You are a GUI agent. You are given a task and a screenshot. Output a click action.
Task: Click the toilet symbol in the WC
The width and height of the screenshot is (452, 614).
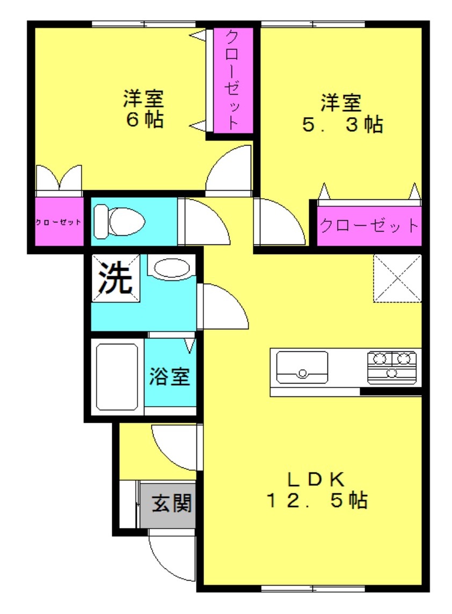(x=119, y=222)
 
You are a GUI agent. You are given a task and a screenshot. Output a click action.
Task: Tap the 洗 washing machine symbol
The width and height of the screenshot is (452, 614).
(x=115, y=278)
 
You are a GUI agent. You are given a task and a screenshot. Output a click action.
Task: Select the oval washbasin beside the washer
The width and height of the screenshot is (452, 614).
(x=172, y=269)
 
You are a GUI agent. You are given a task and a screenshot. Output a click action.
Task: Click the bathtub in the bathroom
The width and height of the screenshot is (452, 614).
(x=117, y=377)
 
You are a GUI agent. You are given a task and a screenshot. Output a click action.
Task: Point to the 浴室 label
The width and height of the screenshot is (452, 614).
(x=169, y=376)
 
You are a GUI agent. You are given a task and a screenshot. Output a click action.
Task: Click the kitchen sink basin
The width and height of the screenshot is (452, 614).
(x=302, y=367)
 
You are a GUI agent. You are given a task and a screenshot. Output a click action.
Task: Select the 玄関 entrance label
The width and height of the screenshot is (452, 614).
(x=172, y=503)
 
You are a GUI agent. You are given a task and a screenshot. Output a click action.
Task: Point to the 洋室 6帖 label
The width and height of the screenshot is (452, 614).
(x=144, y=109)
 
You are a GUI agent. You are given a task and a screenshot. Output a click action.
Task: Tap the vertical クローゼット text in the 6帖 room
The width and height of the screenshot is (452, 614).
(x=232, y=80)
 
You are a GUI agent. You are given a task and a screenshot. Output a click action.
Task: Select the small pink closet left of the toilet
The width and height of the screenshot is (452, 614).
(x=59, y=222)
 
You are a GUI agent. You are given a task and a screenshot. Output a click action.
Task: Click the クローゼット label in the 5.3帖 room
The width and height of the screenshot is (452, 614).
(x=369, y=226)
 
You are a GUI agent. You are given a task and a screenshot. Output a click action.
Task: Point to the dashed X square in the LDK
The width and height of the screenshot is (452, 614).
(x=397, y=278)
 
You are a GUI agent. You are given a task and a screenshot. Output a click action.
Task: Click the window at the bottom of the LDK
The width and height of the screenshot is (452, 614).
(x=312, y=588)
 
